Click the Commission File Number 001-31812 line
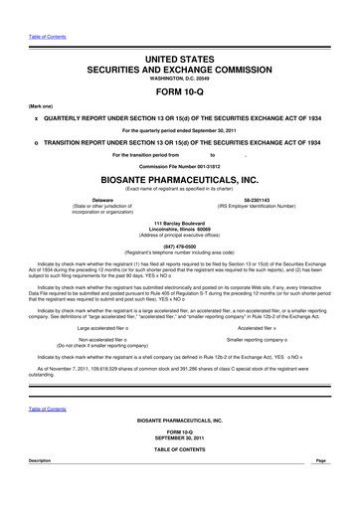pyautogui.click(x=180, y=165)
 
